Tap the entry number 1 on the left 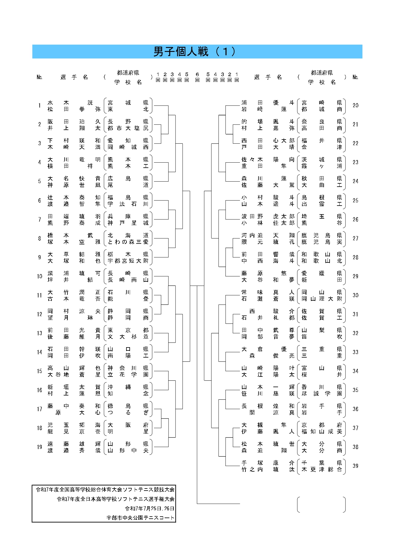pos(39,105)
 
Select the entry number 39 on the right pos(355,466)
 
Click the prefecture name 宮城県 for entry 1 pos(128,102)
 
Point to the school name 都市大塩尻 pos(128,128)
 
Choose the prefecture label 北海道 pos(128,235)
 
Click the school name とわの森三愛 pos(128,242)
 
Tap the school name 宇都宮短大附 pos(128,261)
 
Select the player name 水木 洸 pos(70,102)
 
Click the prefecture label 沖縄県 pos(128,387)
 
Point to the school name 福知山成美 pos(322,431)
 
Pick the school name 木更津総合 pos(322,469)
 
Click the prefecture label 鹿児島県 pos(322,235)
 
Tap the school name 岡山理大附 pos(322,299)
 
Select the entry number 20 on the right pos(355,105)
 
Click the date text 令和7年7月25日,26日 pos(150,508)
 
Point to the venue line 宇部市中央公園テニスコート pos(140,518)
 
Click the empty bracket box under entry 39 pos(321,504)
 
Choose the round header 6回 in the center pos(197,77)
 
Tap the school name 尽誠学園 pos(322,393)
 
